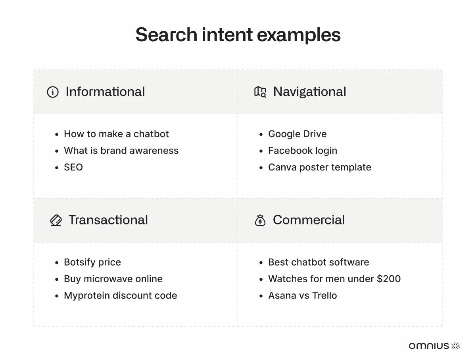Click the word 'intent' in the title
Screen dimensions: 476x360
[x=227, y=34]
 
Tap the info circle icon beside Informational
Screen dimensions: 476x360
[x=53, y=92]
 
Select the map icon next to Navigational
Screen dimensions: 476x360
[x=260, y=92]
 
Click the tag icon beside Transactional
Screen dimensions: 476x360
[x=56, y=220]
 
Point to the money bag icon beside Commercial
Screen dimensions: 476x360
[x=260, y=220]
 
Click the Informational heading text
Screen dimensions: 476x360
[x=105, y=92]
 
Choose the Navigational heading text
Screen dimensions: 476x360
[x=309, y=92]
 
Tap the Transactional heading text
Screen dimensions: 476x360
[x=108, y=220]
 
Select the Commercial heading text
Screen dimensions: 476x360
[x=309, y=220]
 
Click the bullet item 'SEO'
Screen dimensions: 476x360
[x=73, y=167]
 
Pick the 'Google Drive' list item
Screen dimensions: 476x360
[x=297, y=134]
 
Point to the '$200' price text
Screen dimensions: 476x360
[x=389, y=279]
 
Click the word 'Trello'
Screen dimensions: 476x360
[x=324, y=295]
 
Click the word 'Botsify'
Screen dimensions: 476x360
[x=80, y=262]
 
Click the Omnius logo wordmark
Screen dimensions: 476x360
[x=429, y=346]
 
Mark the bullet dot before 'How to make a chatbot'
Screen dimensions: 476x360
[x=57, y=134]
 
